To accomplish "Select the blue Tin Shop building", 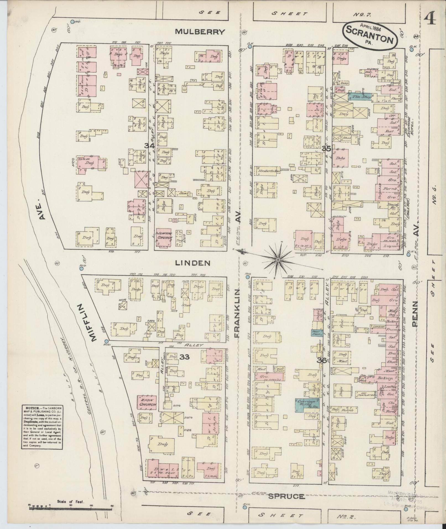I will pos(359,96).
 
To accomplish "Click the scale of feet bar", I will pos(71,506).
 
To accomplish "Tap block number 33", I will pos(184,357).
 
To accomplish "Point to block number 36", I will pos(322,360).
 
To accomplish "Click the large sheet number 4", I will pos(429,19).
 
